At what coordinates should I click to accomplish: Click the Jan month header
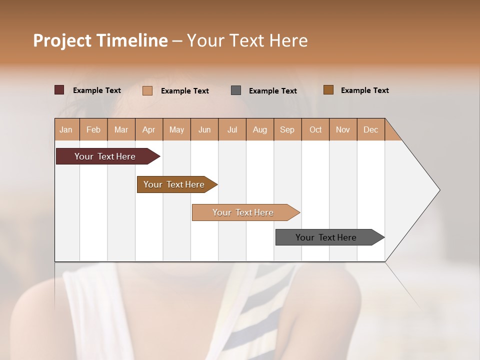[66, 130]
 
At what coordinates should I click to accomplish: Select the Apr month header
[148, 130]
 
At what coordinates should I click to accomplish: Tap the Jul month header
[232, 130]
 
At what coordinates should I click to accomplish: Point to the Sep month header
[287, 130]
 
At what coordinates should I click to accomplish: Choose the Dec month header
[370, 130]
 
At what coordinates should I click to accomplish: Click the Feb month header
[93, 130]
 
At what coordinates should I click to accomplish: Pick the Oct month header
[315, 130]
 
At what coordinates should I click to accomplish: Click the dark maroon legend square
[59, 90]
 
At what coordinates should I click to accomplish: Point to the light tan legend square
[147, 90]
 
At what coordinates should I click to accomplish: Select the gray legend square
[236, 90]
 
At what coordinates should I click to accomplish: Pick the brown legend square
[328, 90]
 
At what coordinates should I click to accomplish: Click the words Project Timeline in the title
[100, 40]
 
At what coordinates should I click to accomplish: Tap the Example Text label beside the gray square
[273, 91]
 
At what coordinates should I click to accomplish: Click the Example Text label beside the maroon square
[97, 90]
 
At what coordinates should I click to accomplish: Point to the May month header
[176, 130]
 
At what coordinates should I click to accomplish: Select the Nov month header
[342, 130]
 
